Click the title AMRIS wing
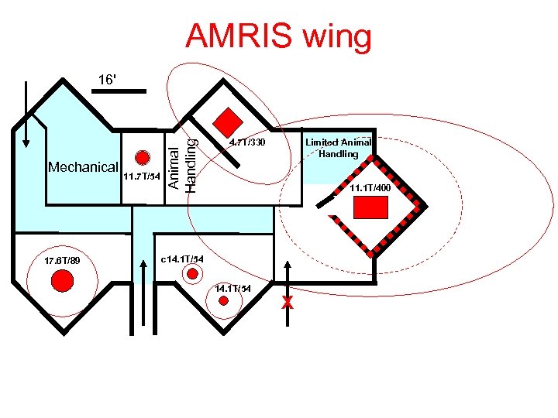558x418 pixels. (x=279, y=36)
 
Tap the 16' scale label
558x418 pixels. (x=108, y=79)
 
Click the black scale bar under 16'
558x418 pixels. (x=119, y=91)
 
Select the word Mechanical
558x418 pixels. (x=83, y=167)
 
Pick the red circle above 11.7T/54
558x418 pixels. (x=142, y=157)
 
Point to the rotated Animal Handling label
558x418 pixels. (x=184, y=160)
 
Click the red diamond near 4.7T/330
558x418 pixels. (x=228, y=122)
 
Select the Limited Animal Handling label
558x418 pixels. (x=339, y=148)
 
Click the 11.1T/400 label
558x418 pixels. (x=370, y=188)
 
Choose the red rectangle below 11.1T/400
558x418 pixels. (x=370, y=207)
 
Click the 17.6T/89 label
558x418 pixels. (x=63, y=260)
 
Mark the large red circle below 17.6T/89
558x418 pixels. (x=62, y=282)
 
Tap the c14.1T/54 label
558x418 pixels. (x=182, y=258)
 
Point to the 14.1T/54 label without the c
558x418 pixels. (x=233, y=288)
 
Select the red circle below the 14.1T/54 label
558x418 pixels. (x=224, y=301)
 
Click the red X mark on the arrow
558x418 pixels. (x=288, y=302)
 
